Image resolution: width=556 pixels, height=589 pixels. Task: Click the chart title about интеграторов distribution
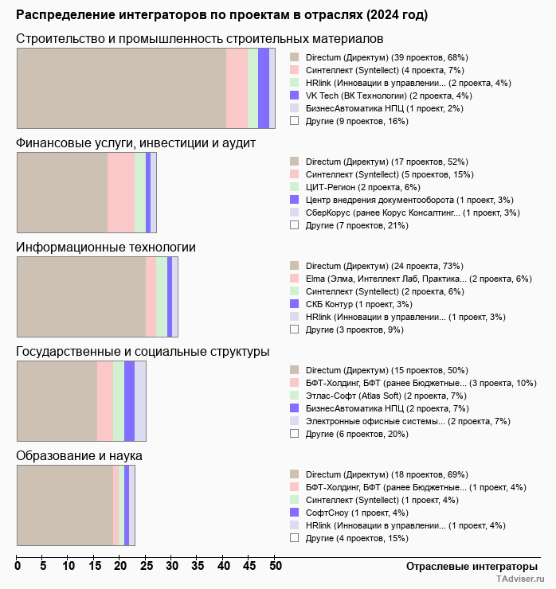(221, 15)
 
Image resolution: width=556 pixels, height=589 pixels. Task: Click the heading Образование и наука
(79, 456)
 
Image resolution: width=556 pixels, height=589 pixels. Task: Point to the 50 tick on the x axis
(276, 566)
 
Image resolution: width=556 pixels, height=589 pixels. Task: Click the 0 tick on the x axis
(18, 566)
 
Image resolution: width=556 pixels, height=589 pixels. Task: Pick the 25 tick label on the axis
(147, 566)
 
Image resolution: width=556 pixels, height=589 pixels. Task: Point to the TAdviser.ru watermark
(519, 580)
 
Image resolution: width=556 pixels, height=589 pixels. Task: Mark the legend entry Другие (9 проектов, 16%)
(356, 121)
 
